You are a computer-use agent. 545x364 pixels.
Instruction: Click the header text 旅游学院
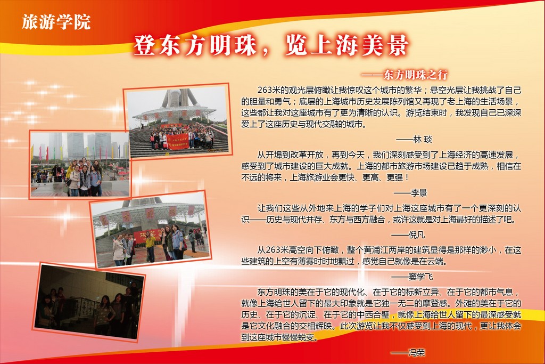(x=56, y=22)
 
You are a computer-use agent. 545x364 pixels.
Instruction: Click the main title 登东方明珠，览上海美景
(x=271, y=45)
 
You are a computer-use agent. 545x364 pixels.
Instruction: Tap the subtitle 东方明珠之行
(x=415, y=75)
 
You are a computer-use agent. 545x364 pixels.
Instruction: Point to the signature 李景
(x=418, y=193)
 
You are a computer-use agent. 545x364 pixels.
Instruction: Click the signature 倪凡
(x=416, y=235)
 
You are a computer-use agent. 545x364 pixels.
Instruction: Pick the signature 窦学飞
(x=420, y=277)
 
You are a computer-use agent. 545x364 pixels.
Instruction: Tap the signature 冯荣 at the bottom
(x=416, y=353)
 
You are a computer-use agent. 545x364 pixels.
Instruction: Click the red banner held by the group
(x=177, y=141)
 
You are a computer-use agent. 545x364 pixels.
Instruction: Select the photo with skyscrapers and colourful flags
(x=80, y=164)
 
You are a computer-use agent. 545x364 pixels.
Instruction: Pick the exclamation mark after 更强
(x=407, y=177)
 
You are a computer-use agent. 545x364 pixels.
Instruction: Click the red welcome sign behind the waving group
(x=146, y=236)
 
